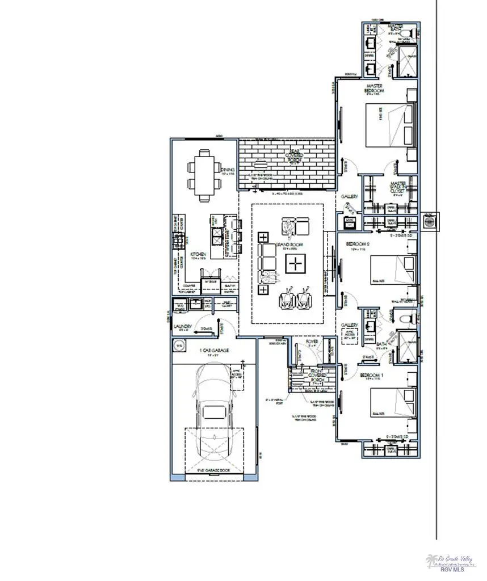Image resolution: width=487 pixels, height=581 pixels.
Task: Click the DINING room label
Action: click(x=227, y=170)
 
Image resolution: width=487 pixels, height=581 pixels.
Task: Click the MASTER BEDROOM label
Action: click(x=375, y=89)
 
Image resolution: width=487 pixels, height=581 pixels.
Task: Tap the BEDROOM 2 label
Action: click(x=359, y=245)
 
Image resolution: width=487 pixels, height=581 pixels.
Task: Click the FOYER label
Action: click(x=312, y=342)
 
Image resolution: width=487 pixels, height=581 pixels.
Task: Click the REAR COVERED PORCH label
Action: click(x=285, y=153)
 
